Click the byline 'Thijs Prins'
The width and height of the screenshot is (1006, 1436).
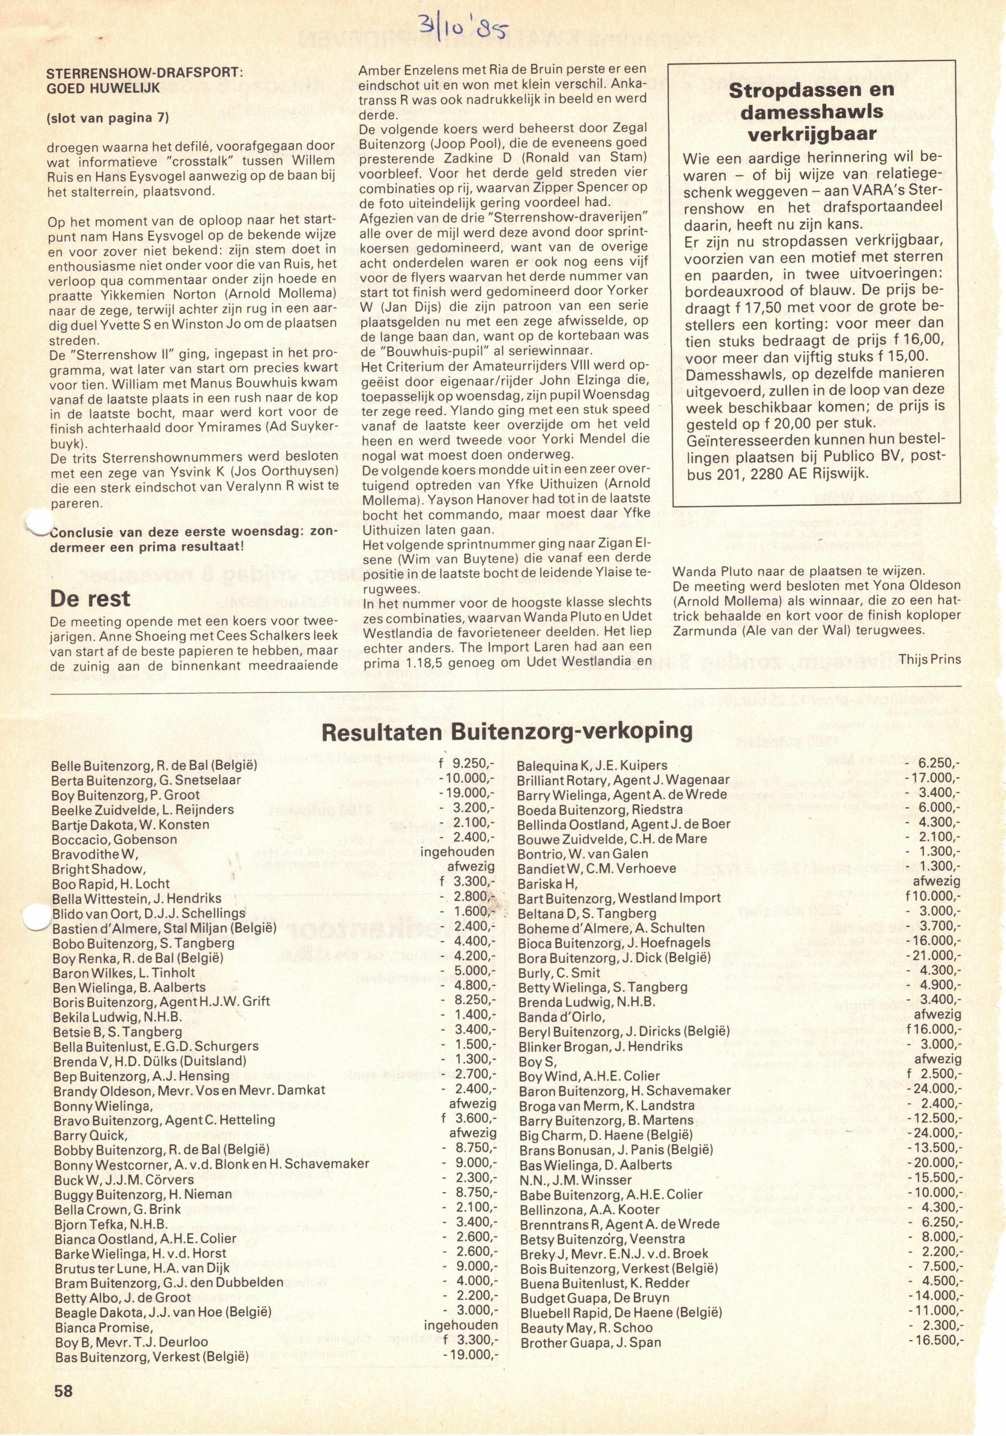click(x=930, y=658)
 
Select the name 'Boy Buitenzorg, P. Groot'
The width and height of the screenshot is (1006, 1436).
click(x=126, y=795)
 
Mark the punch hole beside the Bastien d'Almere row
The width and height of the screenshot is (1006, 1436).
click(x=35, y=918)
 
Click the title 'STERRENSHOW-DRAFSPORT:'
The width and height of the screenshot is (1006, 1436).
click(x=145, y=73)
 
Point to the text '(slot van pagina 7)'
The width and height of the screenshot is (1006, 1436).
click(x=108, y=117)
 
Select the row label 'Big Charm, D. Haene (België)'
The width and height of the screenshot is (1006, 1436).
click(x=605, y=1134)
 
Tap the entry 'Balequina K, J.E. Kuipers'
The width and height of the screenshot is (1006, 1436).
click(x=592, y=765)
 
